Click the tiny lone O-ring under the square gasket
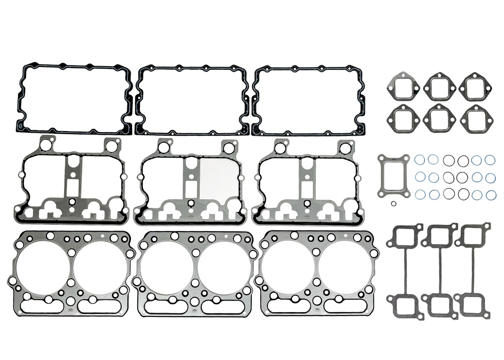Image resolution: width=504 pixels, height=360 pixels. click(393, 204)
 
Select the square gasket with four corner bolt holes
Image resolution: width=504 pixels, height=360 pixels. click(393, 176)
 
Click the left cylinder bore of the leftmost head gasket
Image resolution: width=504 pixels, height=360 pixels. click(43, 268)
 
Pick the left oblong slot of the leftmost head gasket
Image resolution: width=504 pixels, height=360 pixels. click(42, 307)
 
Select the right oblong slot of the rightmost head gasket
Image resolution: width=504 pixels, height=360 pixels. click(345, 306)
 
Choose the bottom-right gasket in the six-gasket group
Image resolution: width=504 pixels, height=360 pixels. click(474, 119)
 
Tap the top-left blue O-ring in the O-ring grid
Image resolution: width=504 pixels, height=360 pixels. click(420, 160)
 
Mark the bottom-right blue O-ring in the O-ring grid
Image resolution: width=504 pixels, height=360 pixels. click(491, 195)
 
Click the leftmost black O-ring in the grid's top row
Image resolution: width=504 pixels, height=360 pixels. click(448, 160)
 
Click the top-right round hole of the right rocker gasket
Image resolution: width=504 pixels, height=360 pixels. click(344, 147)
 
